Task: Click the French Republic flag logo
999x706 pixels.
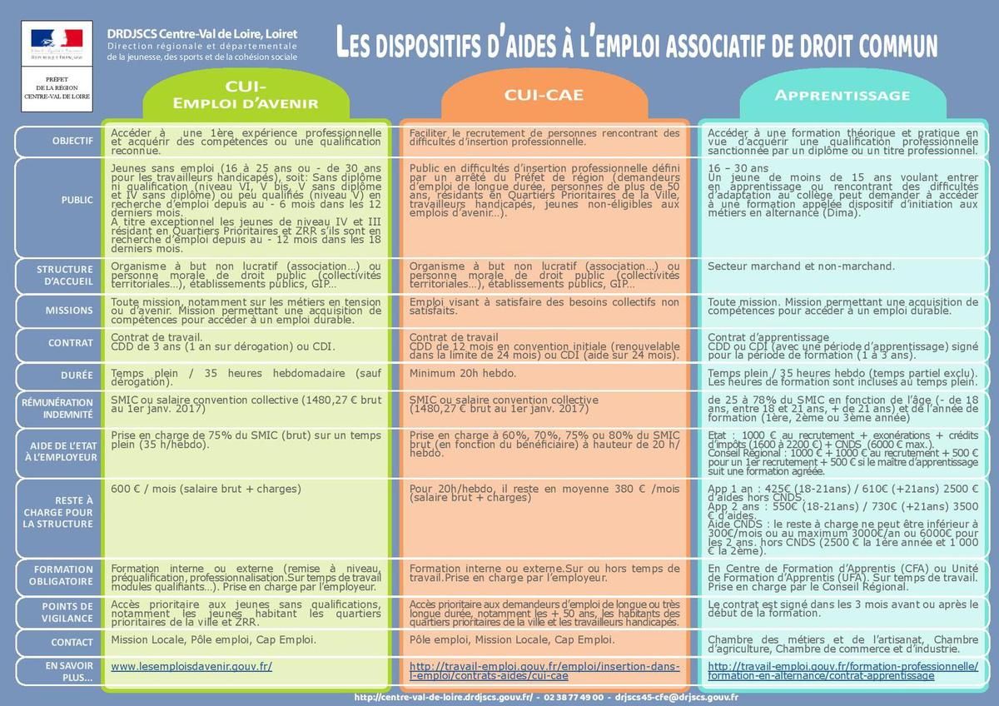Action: pos(57,38)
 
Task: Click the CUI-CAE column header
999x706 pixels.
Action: pos(544,96)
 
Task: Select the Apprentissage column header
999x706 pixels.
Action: pos(842,96)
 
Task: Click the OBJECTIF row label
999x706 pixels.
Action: pos(72,141)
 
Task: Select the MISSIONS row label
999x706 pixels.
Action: pos(70,311)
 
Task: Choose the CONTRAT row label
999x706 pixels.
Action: pos(71,343)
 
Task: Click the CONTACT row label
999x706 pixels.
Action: pos(72,643)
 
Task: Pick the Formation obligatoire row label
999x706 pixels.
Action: pos(63,575)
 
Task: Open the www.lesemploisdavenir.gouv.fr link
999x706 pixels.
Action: pos(191,667)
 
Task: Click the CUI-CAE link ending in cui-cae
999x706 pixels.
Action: pos(544,671)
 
